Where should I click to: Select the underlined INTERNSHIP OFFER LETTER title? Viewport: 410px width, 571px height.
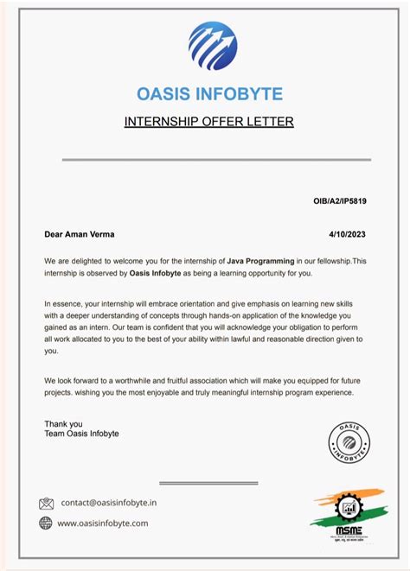(x=209, y=121)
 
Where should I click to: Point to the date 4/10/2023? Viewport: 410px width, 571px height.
(x=348, y=234)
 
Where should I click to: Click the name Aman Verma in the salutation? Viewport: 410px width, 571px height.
(x=90, y=234)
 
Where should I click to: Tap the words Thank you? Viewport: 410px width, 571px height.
(x=63, y=423)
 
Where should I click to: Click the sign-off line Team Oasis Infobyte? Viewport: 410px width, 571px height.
(x=81, y=434)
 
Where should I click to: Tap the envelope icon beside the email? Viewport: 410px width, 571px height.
(x=47, y=504)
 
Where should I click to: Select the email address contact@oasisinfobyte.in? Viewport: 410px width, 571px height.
(x=109, y=503)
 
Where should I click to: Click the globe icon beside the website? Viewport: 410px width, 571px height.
(x=47, y=523)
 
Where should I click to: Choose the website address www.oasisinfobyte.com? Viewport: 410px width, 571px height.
(x=103, y=523)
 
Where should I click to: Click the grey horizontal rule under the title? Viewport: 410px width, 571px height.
(x=216, y=160)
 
